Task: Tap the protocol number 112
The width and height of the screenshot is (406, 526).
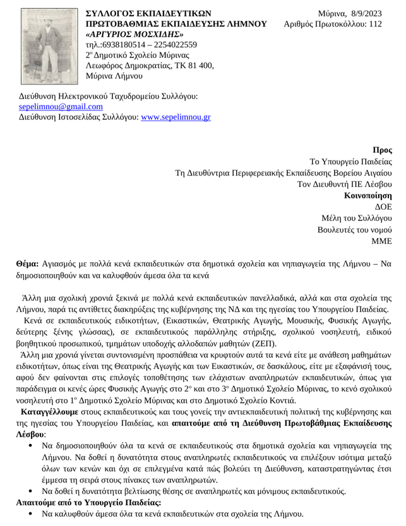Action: (375, 24)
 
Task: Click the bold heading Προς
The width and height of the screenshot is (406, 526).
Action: (383, 150)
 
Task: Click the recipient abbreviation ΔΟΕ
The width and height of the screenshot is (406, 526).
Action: (384, 206)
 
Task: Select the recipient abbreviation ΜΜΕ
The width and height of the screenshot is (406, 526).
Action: (382, 241)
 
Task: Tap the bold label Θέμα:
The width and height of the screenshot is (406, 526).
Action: (27, 263)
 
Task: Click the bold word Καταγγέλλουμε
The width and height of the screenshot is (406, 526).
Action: (49, 411)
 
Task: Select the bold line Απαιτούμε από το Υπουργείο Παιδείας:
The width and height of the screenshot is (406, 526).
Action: (88, 503)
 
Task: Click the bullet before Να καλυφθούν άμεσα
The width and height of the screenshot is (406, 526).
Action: (31, 515)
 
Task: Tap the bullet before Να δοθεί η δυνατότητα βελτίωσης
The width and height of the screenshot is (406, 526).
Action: (31, 491)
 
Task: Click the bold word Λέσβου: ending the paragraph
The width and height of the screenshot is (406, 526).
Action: (30, 435)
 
